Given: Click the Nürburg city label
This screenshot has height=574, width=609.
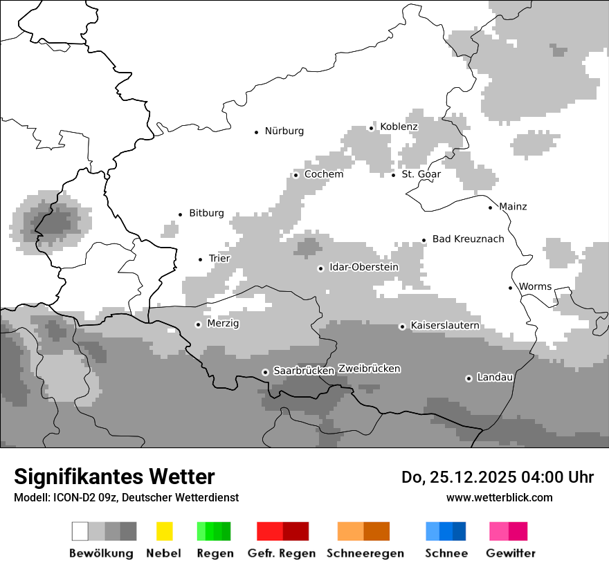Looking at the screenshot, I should [284, 131].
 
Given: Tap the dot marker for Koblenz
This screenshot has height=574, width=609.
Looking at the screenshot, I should [372, 128].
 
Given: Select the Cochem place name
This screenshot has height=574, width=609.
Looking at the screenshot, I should [323, 174].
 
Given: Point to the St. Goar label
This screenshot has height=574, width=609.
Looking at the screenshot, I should [421, 174].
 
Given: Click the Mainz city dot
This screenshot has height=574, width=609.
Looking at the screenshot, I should [491, 207].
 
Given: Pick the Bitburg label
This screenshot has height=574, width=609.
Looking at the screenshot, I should [206, 213].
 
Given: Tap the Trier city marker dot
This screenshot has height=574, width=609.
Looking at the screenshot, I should [201, 259].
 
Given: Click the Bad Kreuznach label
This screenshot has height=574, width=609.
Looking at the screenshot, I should [468, 239].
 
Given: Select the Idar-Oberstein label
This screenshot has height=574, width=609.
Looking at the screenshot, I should [364, 267].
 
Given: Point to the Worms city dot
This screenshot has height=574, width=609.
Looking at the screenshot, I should [511, 288].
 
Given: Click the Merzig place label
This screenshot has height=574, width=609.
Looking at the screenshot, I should [223, 323].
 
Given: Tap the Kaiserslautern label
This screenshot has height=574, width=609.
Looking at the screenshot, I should [444, 325].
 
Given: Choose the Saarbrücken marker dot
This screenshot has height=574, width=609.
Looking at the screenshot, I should [265, 372].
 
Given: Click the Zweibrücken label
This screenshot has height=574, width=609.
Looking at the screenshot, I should [369, 369].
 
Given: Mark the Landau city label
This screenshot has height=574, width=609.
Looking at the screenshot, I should [494, 378].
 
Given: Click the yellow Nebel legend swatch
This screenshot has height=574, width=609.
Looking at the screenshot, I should [164, 531].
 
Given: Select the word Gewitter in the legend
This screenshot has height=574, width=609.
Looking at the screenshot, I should [510, 553].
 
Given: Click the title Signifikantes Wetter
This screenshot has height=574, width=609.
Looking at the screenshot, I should [114, 476].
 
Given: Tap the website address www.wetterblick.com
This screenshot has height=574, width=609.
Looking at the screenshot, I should [499, 497].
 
